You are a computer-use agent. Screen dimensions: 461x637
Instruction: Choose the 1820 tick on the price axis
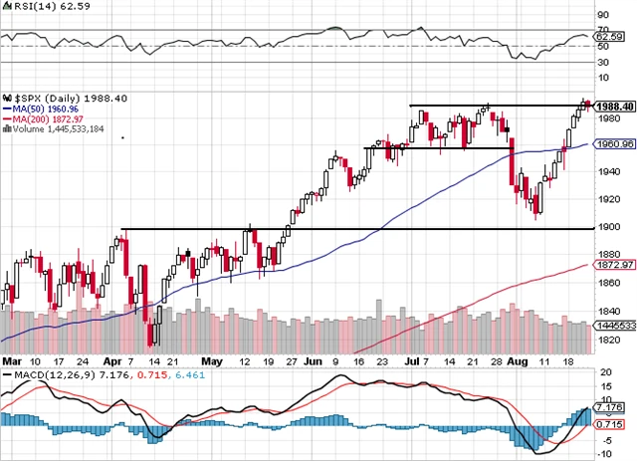click(608, 340)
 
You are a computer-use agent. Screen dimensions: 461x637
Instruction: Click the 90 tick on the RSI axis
click(601, 15)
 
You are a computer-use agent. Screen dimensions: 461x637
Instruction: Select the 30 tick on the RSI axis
click(601, 63)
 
